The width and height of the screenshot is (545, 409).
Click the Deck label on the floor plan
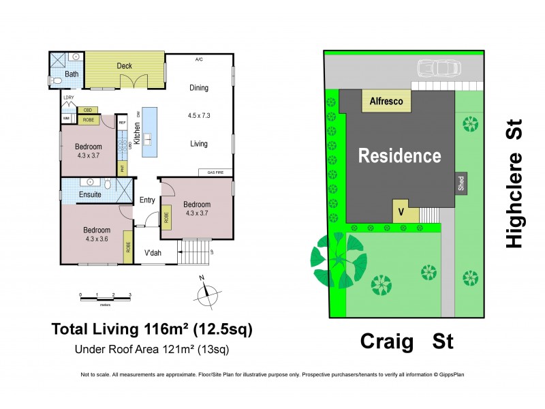coord(124,66)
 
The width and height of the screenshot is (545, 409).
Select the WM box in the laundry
coord(67,119)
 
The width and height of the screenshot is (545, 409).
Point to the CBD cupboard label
coord(87,110)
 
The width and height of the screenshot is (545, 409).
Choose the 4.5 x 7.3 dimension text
coord(199,115)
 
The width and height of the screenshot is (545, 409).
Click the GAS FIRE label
coord(216,172)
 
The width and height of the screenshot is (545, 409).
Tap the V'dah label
coord(153,254)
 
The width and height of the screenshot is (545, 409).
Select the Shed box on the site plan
coord(461,183)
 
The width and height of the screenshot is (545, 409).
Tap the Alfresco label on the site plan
coord(386,101)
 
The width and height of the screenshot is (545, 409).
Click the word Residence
coord(400,155)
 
